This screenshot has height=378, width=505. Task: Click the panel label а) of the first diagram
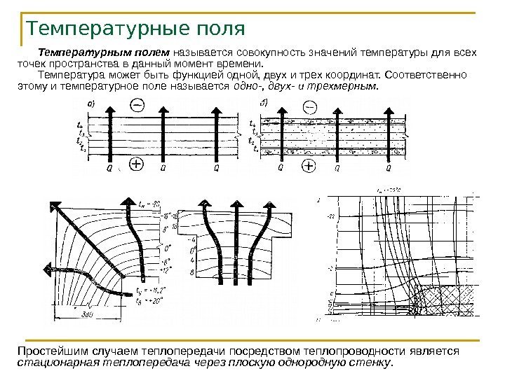point(92,104)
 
